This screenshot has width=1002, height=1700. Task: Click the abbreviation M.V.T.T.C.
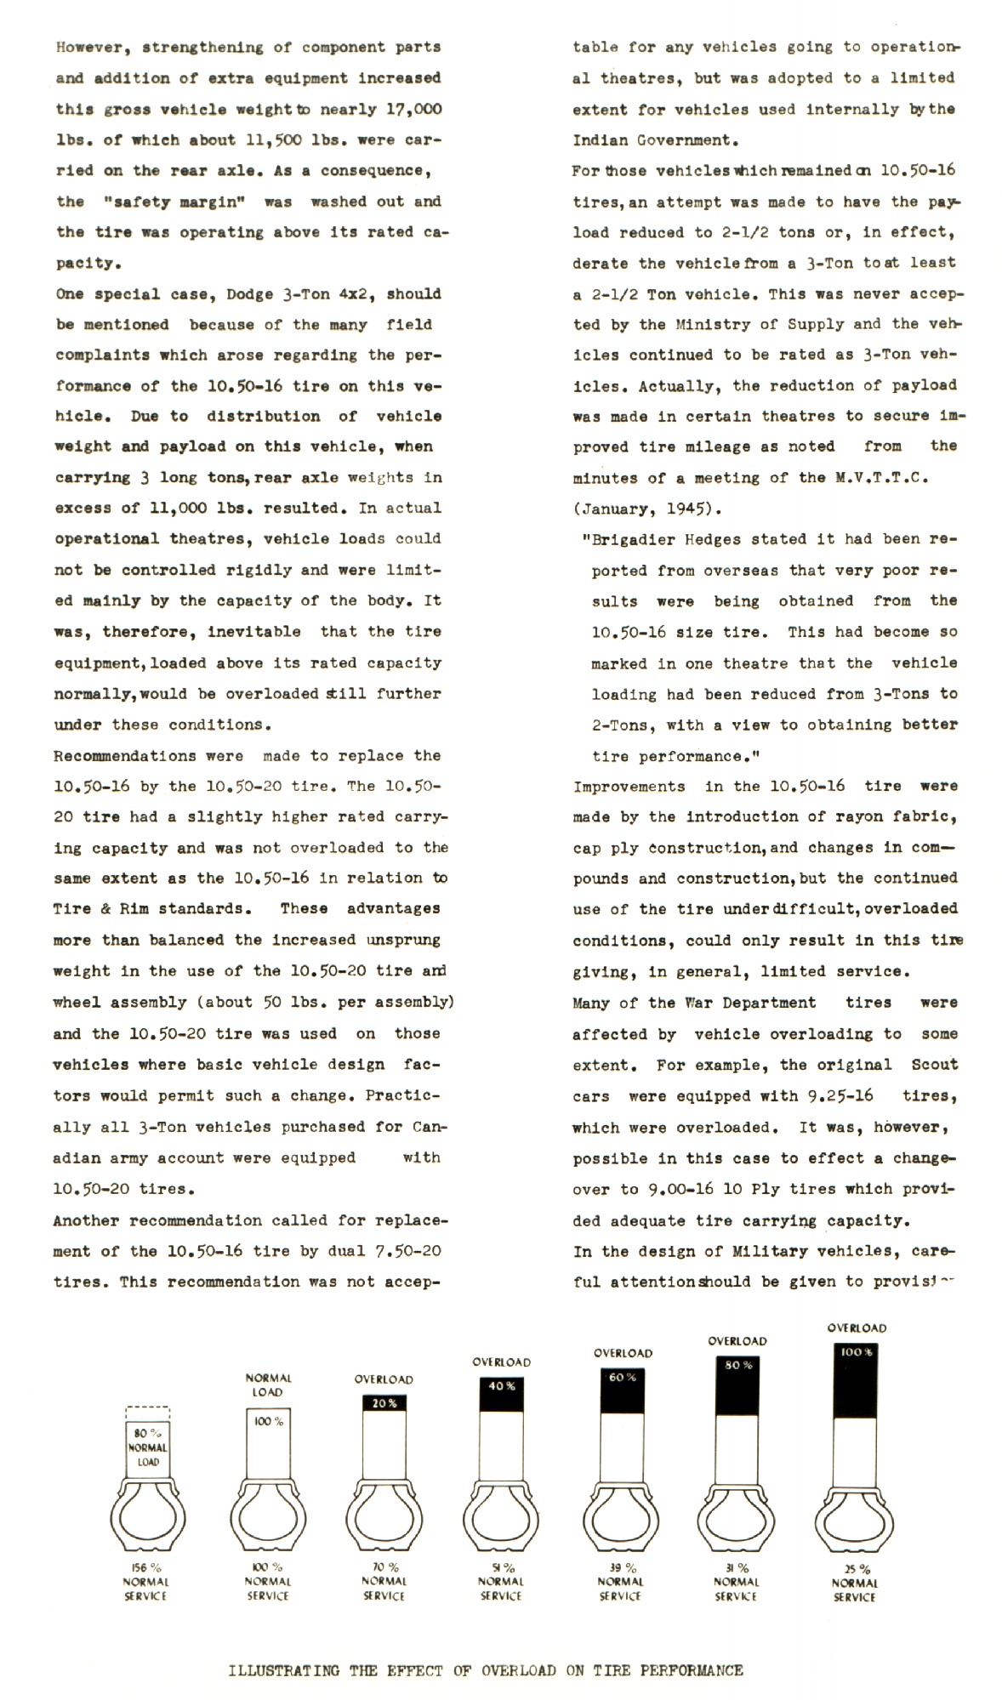tap(881, 477)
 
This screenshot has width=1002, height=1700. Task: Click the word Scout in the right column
tap(934, 1065)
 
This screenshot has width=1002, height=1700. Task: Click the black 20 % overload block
tap(384, 1402)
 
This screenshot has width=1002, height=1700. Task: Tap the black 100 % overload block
tap(855, 1381)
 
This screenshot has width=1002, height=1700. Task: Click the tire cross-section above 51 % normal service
tap(501, 1516)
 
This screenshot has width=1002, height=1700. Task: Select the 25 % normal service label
tap(855, 1583)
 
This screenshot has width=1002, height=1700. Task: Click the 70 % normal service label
tap(384, 1581)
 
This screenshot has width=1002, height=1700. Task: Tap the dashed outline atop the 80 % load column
tap(147, 1413)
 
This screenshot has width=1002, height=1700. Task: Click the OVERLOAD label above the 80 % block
tap(737, 1341)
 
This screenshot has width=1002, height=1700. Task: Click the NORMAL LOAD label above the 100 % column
tap(268, 1384)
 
